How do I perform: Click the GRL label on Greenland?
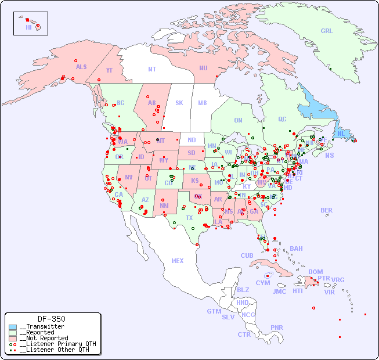[x=327, y=31]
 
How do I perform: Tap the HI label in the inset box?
[x=28, y=27]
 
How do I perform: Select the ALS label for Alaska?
[x=81, y=67]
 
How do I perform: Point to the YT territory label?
[x=109, y=70]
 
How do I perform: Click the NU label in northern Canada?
[x=203, y=68]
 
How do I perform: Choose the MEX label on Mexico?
[x=178, y=261]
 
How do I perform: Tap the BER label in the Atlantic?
[x=327, y=210]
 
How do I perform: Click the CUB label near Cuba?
[x=247, y=255]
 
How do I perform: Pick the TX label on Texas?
[x=189, y=218]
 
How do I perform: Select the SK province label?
[x=179, y=103]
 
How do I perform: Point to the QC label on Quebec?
[x=282, y=119]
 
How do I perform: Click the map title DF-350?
[x=52, y=319]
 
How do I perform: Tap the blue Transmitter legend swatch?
[x=13, y=327]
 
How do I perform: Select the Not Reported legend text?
[x=44, y=338]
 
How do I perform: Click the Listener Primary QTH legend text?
[x=55, y=344]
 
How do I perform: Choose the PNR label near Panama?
[x=277, y=327]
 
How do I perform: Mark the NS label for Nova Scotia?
[x=330, y=155]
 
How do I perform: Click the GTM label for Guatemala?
[x=214, y=311]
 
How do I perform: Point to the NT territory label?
[x=152, y=69]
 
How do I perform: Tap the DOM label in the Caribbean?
[x=315, y=272]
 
